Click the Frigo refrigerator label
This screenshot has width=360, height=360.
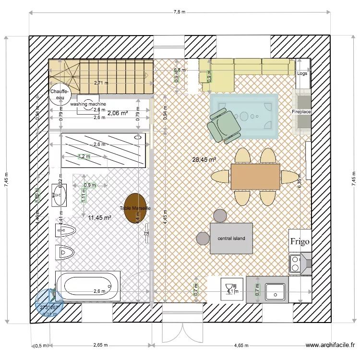click(x=300, y=241)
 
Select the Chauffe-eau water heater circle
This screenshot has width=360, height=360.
click(x=60, y=94)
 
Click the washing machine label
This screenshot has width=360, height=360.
click(x=88, y=104)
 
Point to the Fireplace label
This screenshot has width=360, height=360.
click(x=301, y=112)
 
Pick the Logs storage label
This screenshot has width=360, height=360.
click(x=302, y=73)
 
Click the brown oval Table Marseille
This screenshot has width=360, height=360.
click(x=135, y=208)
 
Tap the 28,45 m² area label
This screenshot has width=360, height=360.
click(x=204, y=160)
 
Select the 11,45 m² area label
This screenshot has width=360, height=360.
click(x=100, y=217)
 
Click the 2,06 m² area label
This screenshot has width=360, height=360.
click(x=117, y=113)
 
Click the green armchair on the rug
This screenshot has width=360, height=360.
click(x=223, y=125)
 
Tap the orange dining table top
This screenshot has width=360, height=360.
click(x=255, y=177)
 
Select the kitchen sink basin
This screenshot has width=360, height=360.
click(x=276, y=289)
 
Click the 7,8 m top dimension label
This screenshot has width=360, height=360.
click(x=179, y=12)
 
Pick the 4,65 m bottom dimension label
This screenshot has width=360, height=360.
click(x=241, y=345)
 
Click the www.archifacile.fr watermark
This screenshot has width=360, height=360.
click(x=331, y=345)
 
